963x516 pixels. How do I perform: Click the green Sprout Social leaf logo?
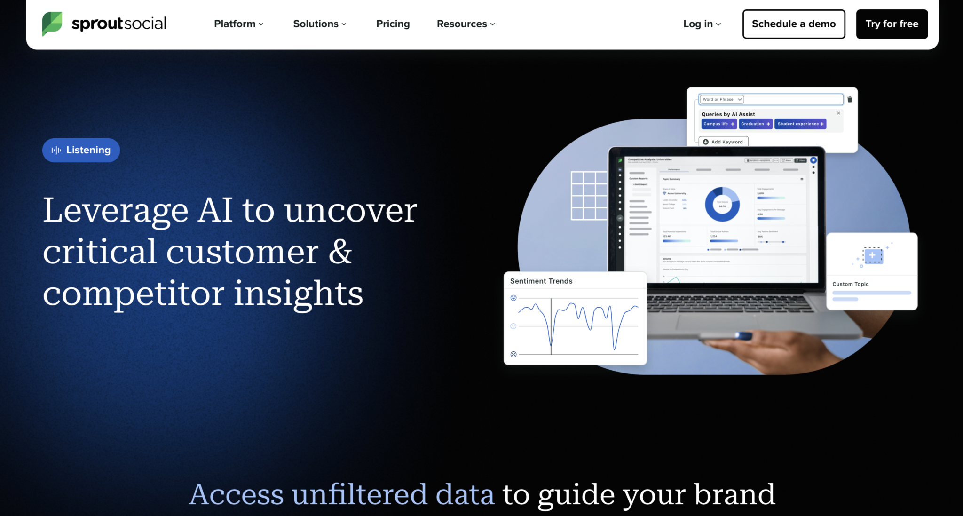click(52, 24)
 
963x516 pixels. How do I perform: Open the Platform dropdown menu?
click(238, 24)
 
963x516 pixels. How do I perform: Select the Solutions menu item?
click(319, 24)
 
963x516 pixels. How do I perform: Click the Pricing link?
click(393, 24)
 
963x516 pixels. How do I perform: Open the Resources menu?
click(466, 24)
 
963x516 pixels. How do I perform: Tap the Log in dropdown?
click(702, 24)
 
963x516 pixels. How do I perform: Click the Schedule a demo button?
click(793, 24)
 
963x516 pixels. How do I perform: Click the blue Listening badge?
click(81, 150)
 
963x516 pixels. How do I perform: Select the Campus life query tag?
click(718, 124)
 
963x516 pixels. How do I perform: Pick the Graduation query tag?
click(755, 124)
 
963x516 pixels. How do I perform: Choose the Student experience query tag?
click(800, 124)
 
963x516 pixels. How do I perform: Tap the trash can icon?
click(850, 100)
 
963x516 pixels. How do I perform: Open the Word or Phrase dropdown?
click(721, 100)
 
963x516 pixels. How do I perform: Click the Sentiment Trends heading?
click(541, 281)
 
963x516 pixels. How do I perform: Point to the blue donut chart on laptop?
click(722, 204)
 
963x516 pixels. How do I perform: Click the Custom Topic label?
click(850, 284)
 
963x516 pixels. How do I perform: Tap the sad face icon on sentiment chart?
click(513, 355)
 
